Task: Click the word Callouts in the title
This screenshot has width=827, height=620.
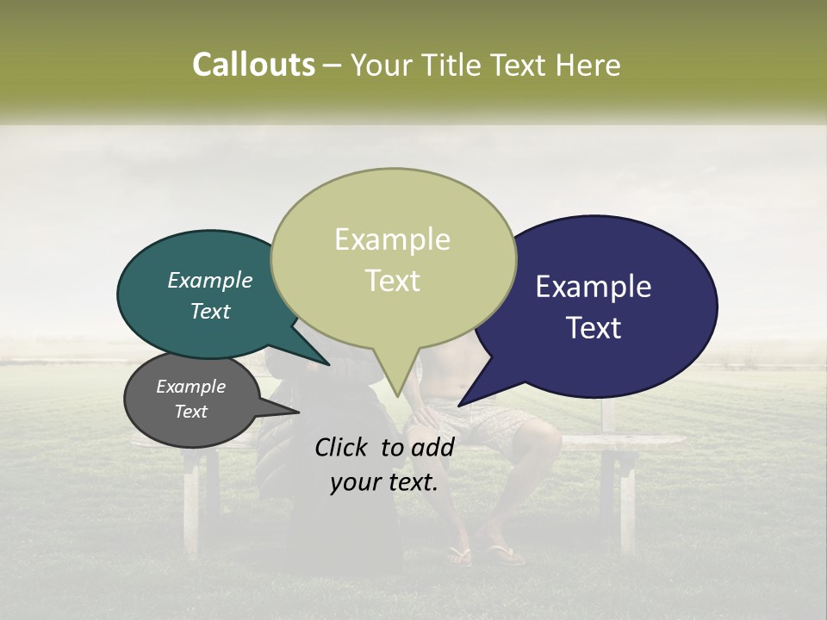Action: tap(253, 65)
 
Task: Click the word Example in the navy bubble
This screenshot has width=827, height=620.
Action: tap(594, 287)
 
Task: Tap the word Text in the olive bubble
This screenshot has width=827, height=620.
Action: tap(393, 281)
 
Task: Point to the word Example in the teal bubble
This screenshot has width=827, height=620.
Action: tap(210, 280)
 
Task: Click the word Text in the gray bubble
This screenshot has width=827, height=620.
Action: tap(191, 412)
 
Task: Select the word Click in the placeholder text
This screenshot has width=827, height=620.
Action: tap(342, 447)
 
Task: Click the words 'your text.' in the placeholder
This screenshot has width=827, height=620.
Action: tap(384, 482)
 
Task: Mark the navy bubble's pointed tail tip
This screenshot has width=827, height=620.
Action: tap(459, 405)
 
